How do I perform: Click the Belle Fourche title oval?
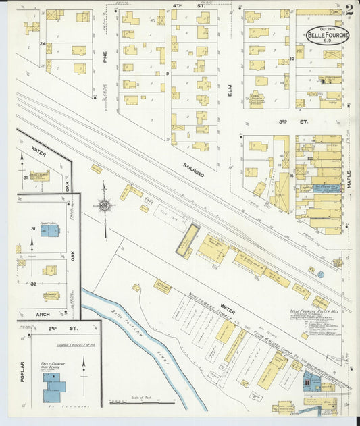point(328,34)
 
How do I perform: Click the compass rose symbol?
point(105,205)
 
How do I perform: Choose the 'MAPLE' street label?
point(349,178)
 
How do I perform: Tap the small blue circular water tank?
point(320,275)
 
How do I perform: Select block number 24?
point(42,44)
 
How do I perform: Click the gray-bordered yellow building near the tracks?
point(187,240)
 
